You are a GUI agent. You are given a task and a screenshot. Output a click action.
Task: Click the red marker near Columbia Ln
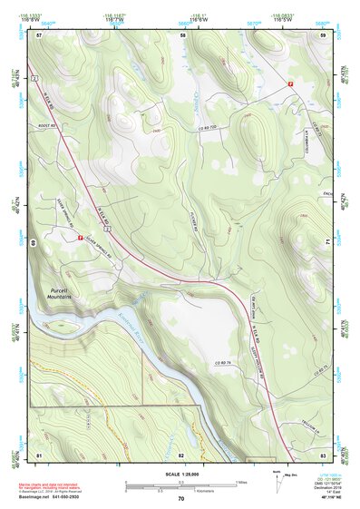[290, 83]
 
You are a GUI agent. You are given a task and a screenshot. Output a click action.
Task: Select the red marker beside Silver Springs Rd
[81, 239]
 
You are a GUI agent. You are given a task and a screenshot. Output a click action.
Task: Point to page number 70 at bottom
[180, 499]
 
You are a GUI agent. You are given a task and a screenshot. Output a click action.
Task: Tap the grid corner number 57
[39, 34]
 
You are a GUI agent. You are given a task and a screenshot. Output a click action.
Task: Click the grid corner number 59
[323, 34]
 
